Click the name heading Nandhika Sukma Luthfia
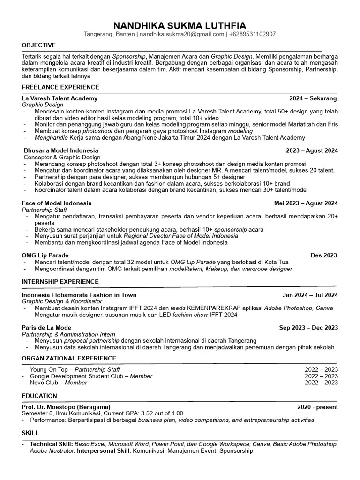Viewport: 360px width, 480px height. (180, 25)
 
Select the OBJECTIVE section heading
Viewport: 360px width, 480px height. (38, 45)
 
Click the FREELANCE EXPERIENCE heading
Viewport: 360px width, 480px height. (60, 87)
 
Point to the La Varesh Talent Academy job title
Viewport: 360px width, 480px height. (60, 98)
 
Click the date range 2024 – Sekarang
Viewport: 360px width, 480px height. (313, 98)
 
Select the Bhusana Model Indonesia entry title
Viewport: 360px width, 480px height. (61, 150)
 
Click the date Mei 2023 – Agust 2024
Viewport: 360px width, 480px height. (306, 203)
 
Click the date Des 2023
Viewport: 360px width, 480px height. (323, 255)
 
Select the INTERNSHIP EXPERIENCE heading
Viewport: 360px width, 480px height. (60, 282)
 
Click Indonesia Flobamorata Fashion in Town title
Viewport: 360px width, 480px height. (79, 295)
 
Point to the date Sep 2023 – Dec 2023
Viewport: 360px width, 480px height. (308, 328)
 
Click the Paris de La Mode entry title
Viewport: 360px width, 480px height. (46, 328)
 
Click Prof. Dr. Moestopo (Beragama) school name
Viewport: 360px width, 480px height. (66, 407)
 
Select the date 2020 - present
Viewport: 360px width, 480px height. (317, 407)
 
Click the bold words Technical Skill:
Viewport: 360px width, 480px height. (51, 443)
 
